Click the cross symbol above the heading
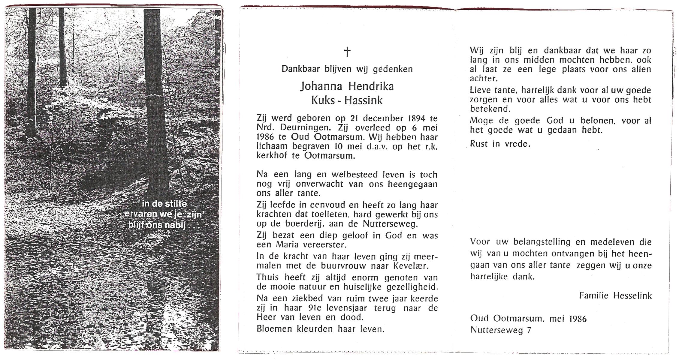tap(347, 52)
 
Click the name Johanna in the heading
tap(321, 87)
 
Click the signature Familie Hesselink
tap(615, 296)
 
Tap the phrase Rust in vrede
tap(500, 144)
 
